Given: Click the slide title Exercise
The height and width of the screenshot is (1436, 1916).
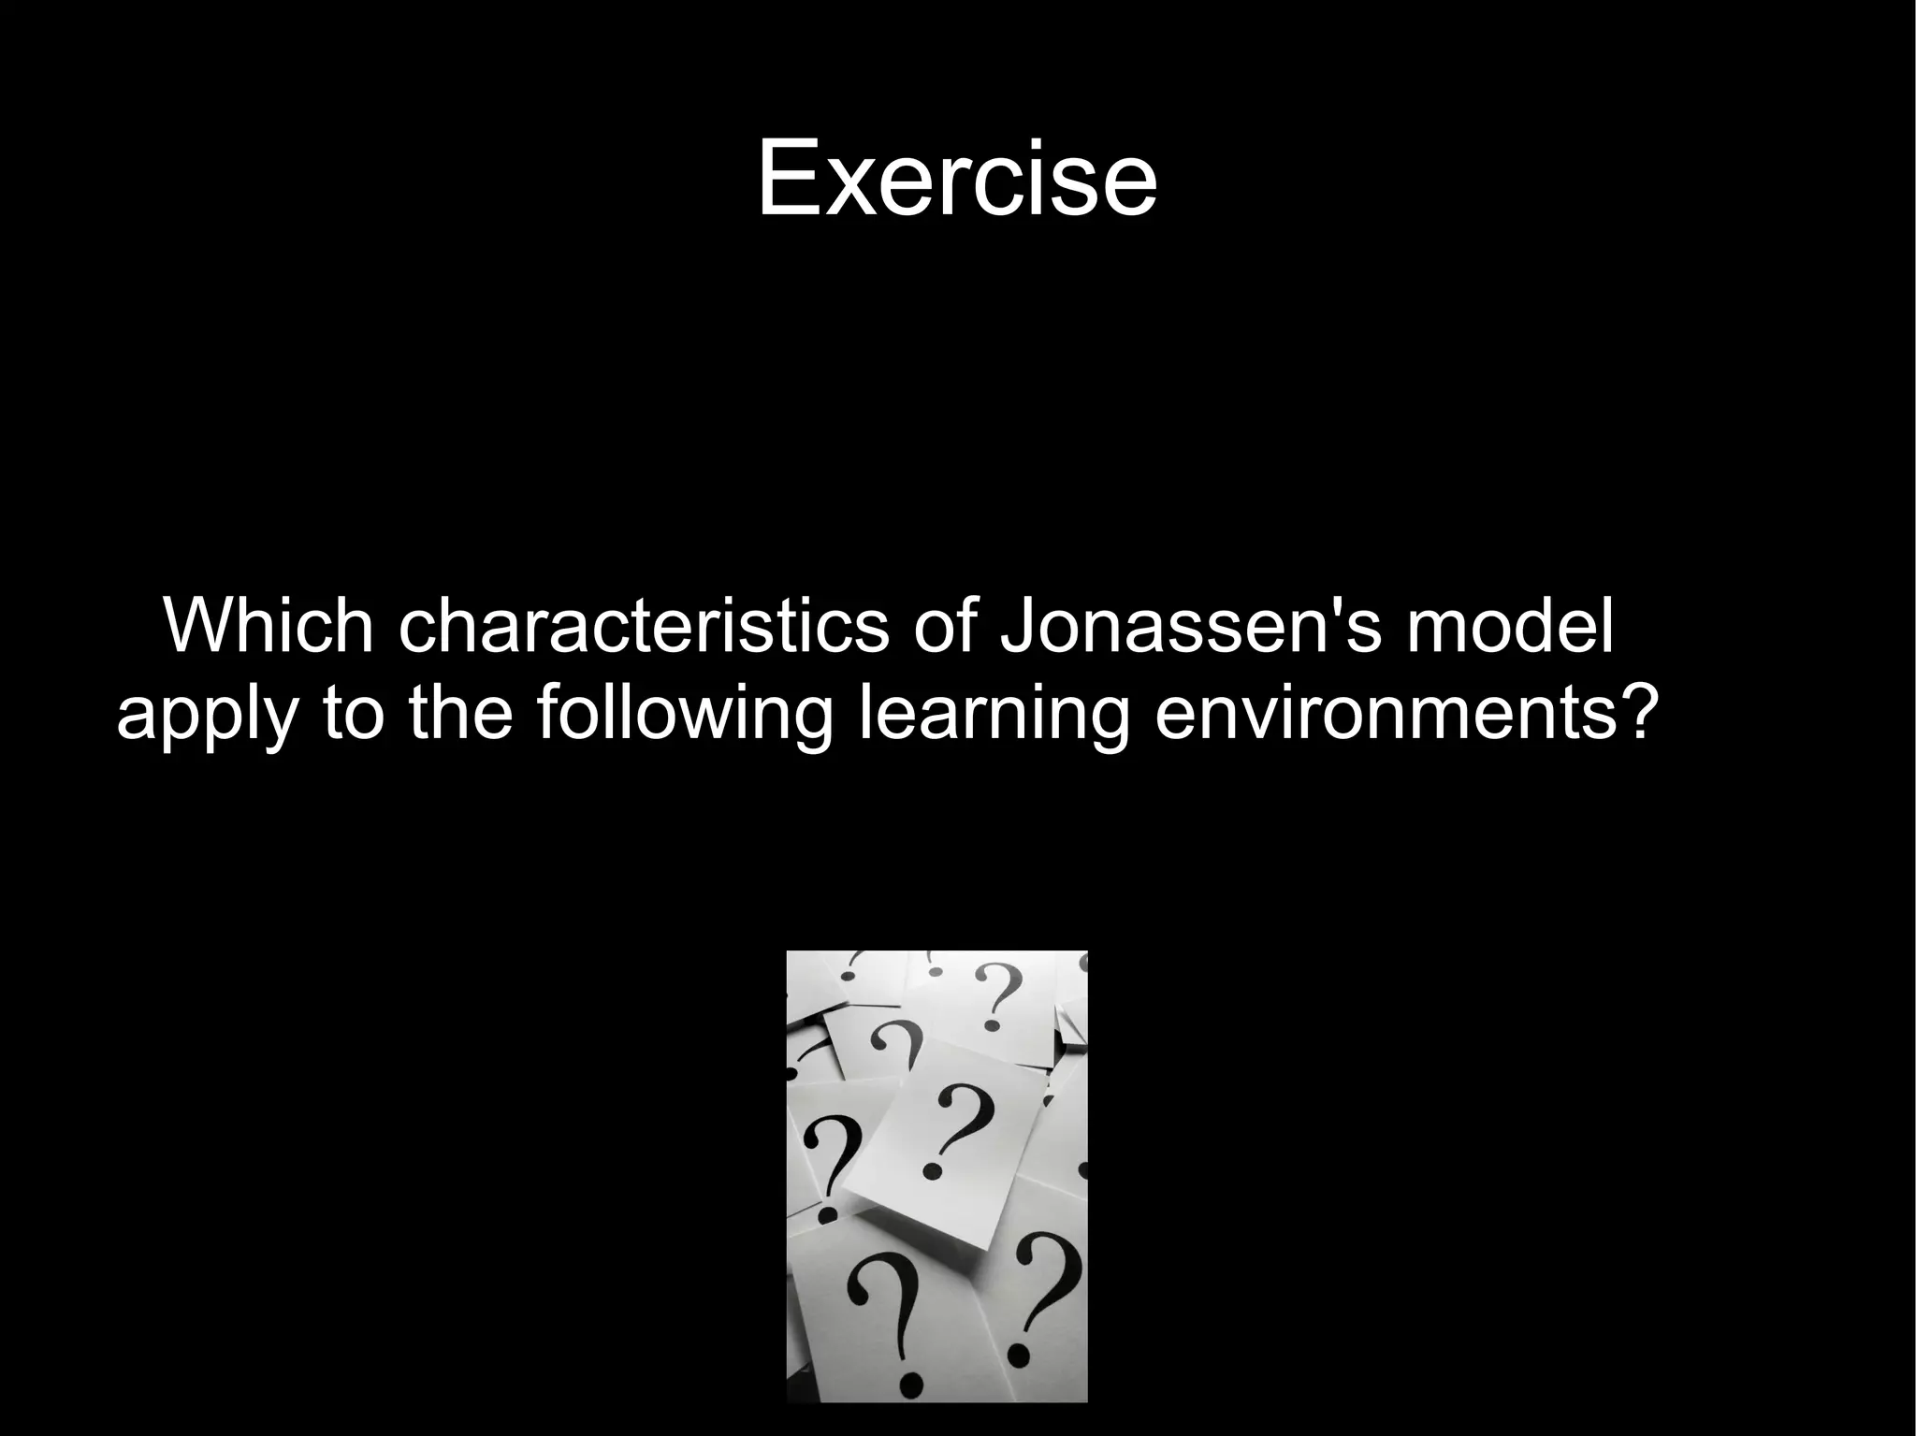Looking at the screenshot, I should click(956, 178).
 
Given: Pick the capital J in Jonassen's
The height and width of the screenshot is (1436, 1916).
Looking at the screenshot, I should click(1021, 626).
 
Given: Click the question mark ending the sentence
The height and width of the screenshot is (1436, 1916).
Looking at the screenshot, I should click(1628, 711).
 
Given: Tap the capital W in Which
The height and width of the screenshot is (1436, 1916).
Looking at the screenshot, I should click(198, 626).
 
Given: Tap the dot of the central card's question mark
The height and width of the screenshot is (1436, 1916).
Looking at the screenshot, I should click(932, 1170).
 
